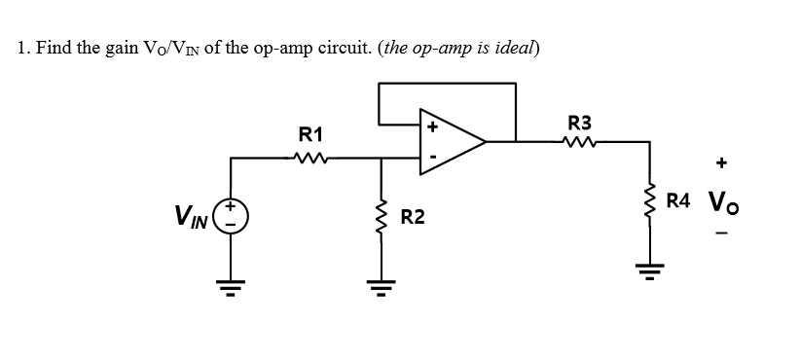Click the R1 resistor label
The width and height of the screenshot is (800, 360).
coord(311,133)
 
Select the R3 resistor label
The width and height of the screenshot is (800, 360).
coord(579,123)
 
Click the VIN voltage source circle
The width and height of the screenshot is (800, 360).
coord(231,212)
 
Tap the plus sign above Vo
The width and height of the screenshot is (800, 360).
coord(721,164)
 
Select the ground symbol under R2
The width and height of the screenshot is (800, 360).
coord(379,282)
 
